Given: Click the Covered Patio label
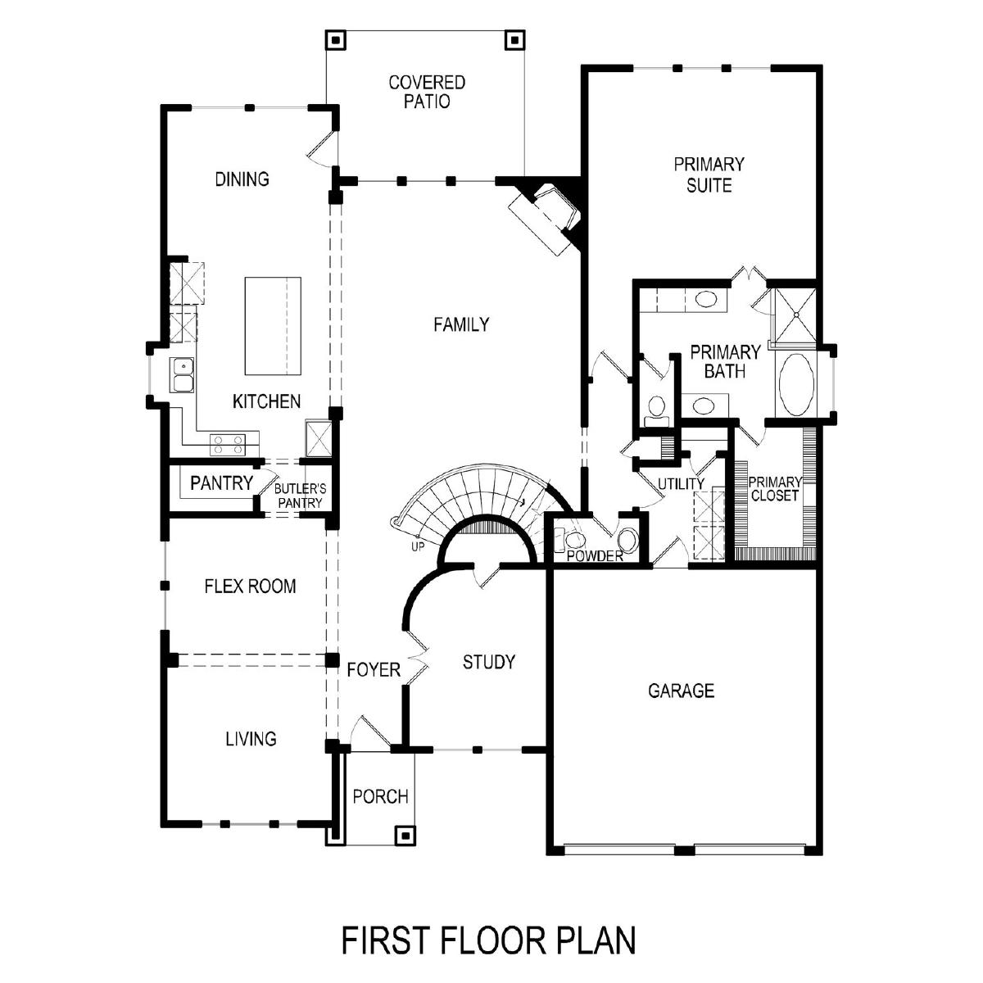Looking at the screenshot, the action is click(x=427, y=92).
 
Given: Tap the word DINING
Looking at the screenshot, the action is click(x=242, y=179).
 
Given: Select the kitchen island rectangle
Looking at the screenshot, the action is click(x=273, y=326).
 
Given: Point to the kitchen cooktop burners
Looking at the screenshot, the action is click(x=228, y=444).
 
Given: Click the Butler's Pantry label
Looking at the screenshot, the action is click(x=300, y=496).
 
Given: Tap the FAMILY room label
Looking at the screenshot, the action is click(x=461, y=324).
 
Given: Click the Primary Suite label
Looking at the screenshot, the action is click(x=709, y=174).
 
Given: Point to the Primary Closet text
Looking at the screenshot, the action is click(x=774, y=489).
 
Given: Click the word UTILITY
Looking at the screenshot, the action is click(x=681, y=483).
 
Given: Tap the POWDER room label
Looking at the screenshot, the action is click(x=595, y=556).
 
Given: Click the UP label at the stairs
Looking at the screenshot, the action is click(x=418, y=547).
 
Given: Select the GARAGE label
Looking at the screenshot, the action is click(x=681, y=691).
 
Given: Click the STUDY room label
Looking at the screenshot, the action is click(x=489, y=662).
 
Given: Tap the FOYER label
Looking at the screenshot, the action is click(x=374, y=670).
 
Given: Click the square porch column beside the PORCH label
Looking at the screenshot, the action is click(x=405, y=836).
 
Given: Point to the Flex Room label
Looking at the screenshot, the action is click(x=250, y=587).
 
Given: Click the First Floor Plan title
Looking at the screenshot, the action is click(x=489, y=940).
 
